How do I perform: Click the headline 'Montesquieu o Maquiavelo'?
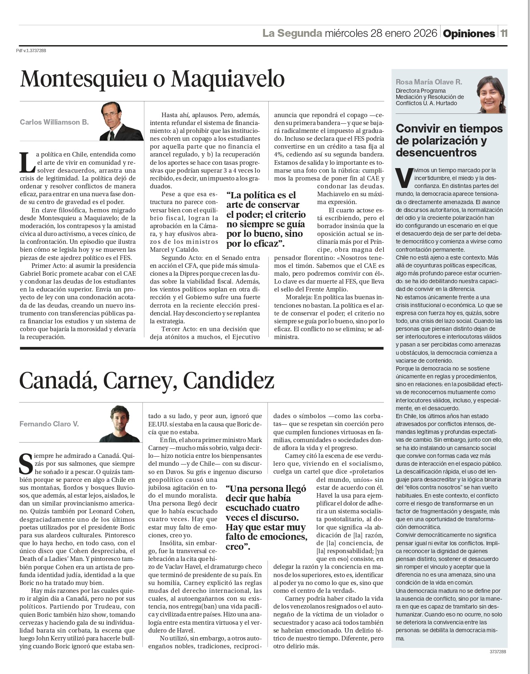(152, 79)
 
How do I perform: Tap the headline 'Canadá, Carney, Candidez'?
(147, 380)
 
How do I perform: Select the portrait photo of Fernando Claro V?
(120, 424)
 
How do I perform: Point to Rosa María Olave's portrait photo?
(491, 94)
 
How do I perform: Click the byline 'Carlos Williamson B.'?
(54, 122)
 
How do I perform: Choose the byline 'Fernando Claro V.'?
(49, 424)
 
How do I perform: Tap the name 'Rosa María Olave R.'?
(429, 82)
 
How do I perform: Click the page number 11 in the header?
(503, 34)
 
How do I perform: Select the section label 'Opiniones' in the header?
(469, 34)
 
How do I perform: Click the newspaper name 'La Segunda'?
(292, 33)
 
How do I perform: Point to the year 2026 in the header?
(425, 33)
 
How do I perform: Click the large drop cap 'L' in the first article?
(27, 162)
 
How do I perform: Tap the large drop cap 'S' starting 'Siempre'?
(26, 464)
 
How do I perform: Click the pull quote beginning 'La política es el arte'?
(266, 219)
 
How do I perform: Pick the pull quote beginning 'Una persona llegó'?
(266, 518)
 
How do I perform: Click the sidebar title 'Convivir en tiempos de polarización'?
(449, 140)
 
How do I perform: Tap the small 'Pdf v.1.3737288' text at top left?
(31, 51)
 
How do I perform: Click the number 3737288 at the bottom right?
(497, 651)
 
